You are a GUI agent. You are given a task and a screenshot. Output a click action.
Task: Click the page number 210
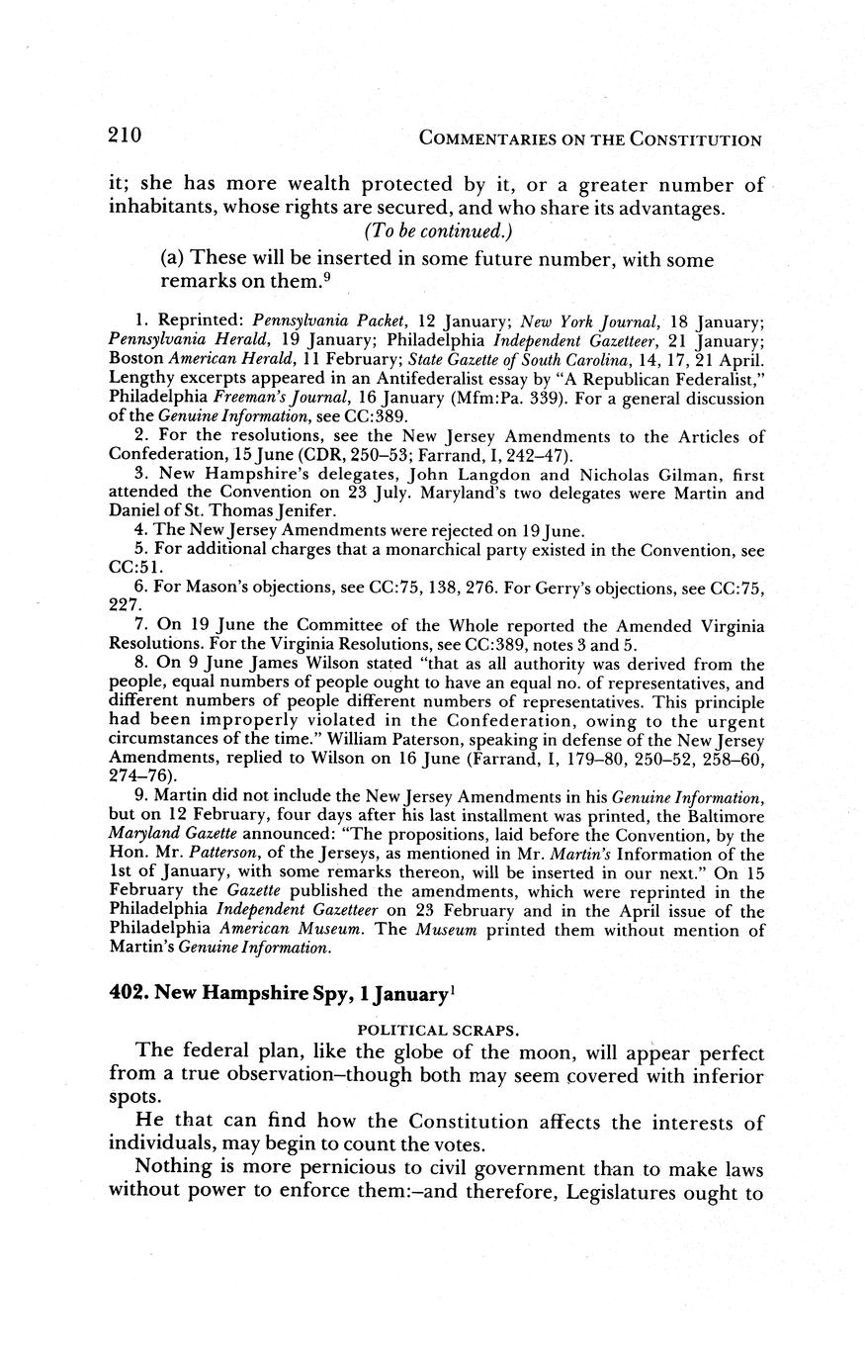127,136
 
